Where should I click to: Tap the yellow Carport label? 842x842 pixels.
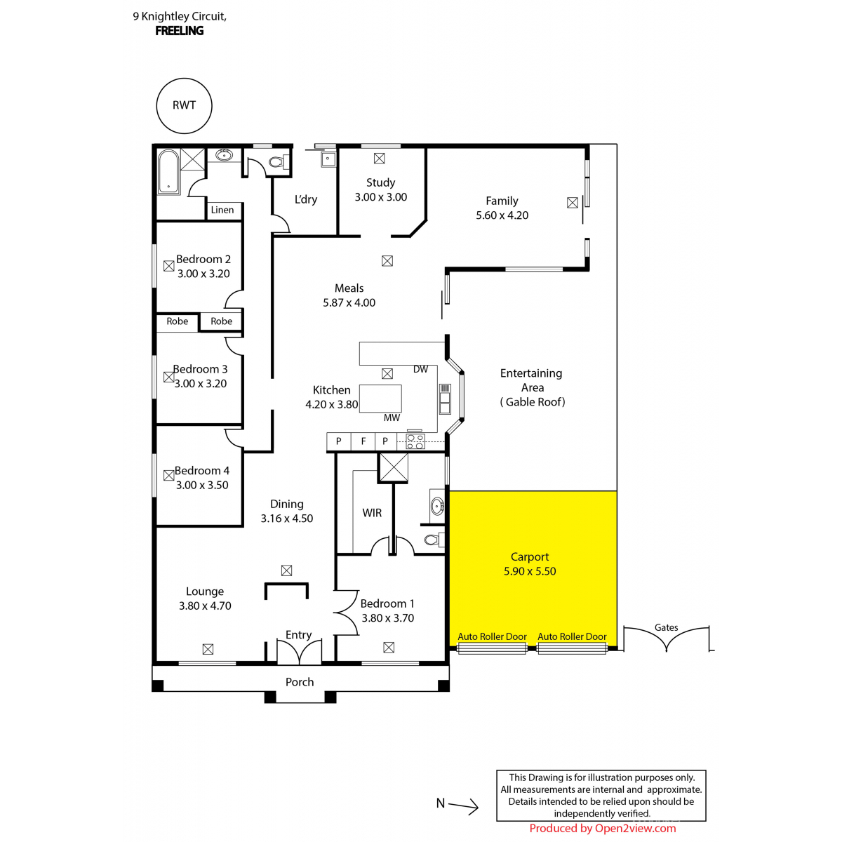click(530, 556)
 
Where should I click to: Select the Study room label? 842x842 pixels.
click(380, 182)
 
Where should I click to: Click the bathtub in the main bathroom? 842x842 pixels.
click(168, 171)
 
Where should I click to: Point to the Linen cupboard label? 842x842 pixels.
click(222, 210)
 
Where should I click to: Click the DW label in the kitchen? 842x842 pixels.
click(420, 369)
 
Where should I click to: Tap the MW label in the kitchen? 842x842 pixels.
click(392, 417)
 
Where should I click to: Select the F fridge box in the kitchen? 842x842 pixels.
click(363, 441)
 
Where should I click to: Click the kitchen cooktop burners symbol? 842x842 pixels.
click(415, 441)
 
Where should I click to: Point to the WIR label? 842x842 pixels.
click(372, 512)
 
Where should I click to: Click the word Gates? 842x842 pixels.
click(666, 627)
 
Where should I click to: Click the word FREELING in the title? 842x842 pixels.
click(179, 31)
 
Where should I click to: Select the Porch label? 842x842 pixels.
click(300, 681)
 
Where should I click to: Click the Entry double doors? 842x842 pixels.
click(300, 652)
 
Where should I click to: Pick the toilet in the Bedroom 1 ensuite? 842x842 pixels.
click(435, 540)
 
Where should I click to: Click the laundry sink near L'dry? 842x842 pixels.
click(328, 159)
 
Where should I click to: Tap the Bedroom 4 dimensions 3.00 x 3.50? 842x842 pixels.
click(202, 485)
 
